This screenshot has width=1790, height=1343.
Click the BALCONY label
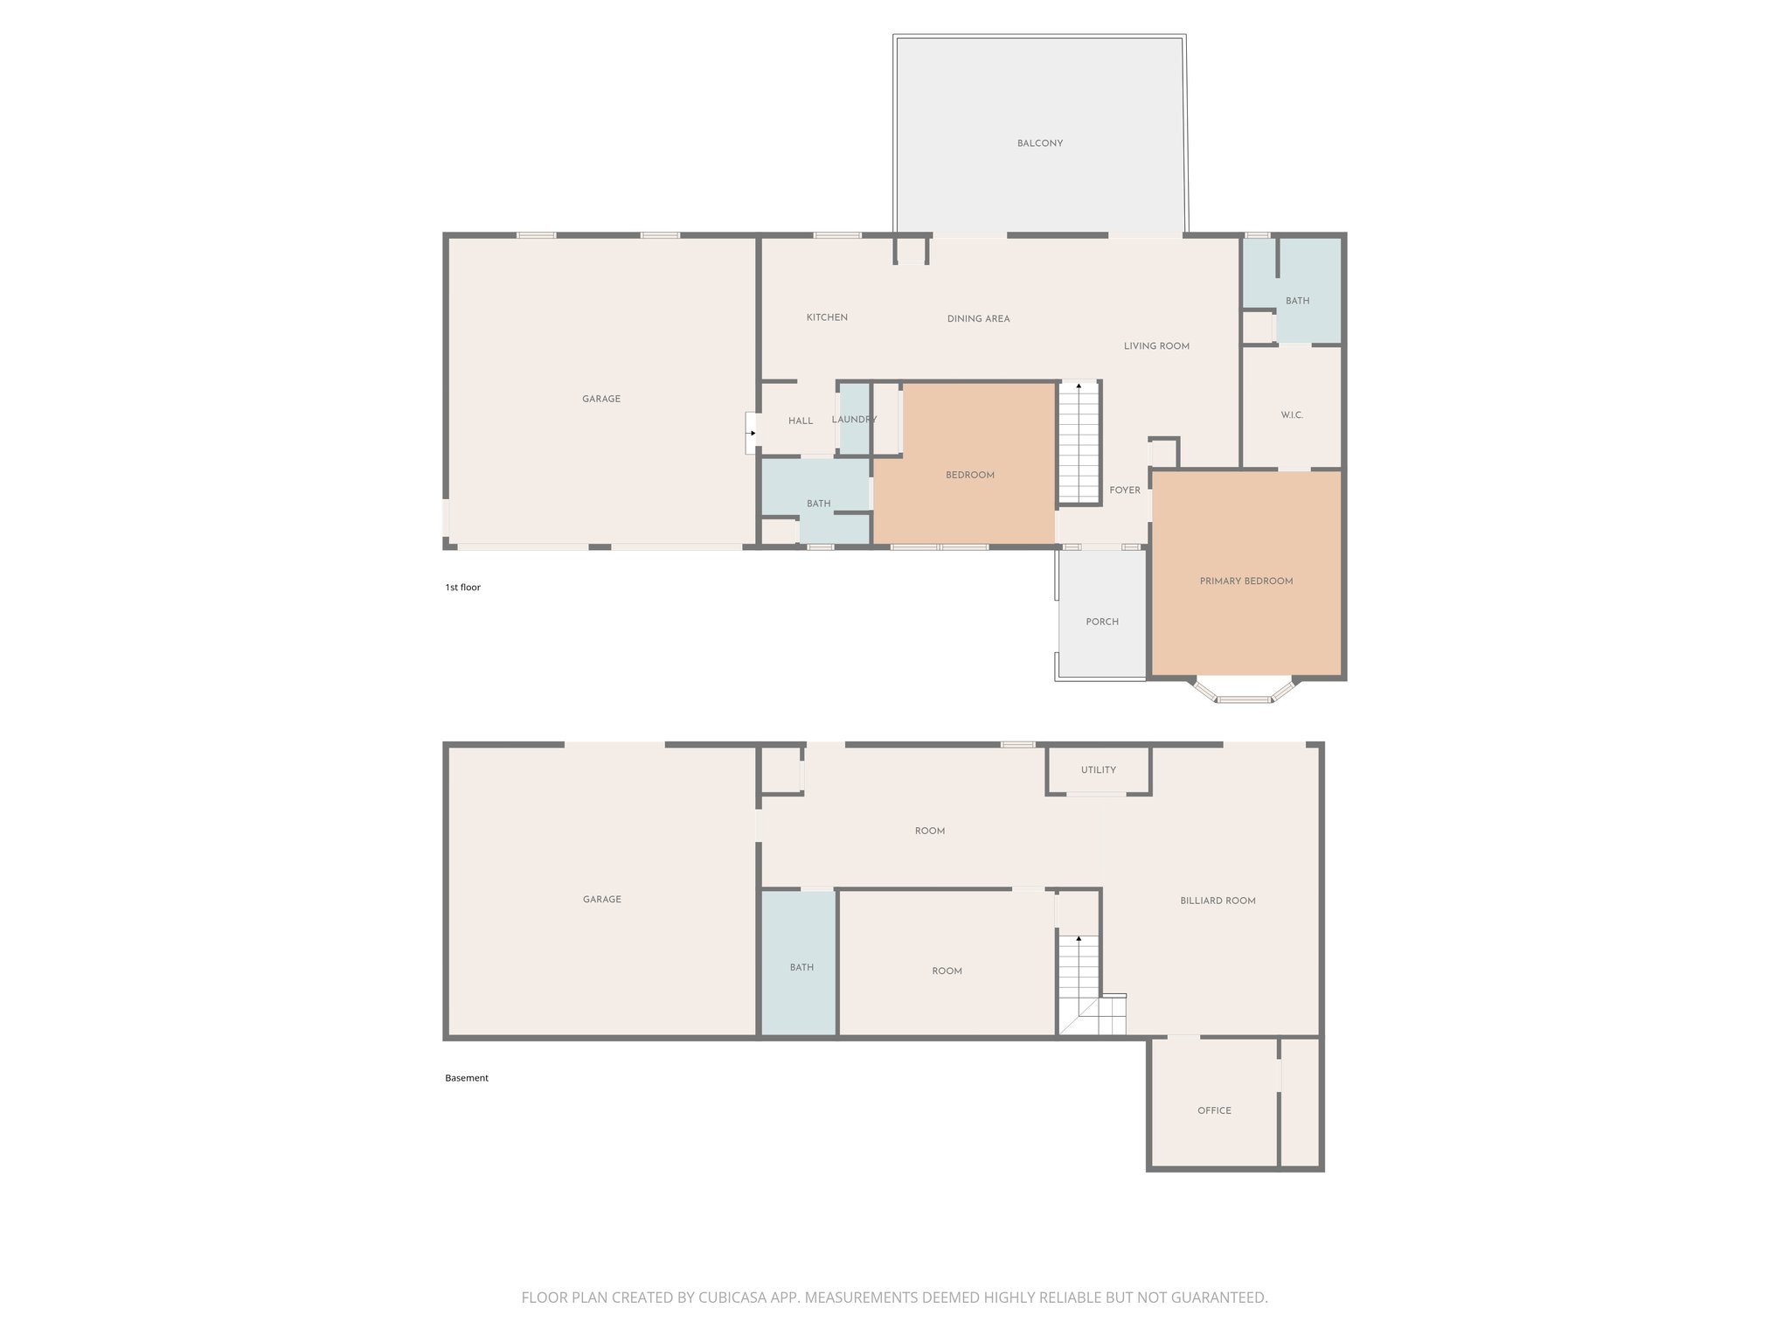pos(1039,143)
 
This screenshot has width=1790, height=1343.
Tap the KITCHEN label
pos(826,317)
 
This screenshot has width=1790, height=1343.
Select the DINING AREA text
pos(978,319)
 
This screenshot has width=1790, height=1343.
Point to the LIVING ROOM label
pos(1156,346)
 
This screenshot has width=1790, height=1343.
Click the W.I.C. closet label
pos(1292,415)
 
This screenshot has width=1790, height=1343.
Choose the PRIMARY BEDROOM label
pos(1245,581)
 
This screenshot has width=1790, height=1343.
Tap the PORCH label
pos(1102,622)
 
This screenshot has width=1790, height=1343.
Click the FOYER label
pos(1125,491)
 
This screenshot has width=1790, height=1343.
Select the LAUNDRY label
pos(854,420)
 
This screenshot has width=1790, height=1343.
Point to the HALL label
pos(800,421)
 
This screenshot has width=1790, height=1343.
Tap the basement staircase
pos(1080,979)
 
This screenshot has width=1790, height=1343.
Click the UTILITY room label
pos(1098,770)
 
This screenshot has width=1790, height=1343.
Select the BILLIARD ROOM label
pos(1218,901)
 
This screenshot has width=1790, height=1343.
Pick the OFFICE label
pos(1214,1110)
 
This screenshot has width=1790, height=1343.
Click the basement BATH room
pos(801,967)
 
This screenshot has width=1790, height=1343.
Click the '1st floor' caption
pos(462,588)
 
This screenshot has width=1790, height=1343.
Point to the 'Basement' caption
pos(466,1078)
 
